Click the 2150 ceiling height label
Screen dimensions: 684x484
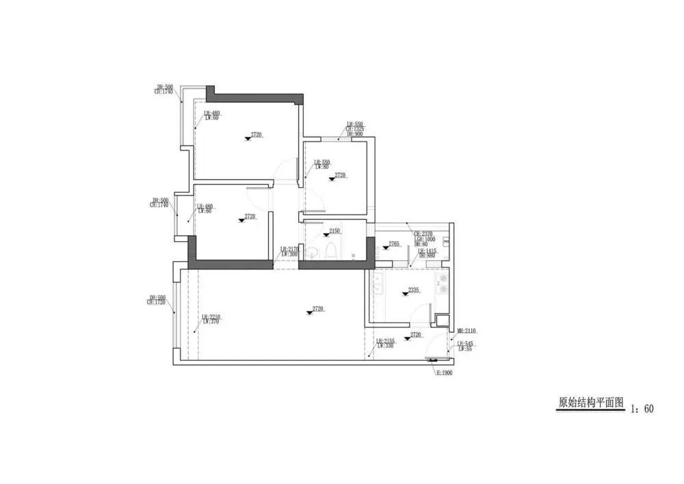click(x=335, y=231)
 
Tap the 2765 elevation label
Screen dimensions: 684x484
click(x=394, y=244)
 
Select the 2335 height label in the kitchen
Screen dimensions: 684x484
click(x=413, y=291)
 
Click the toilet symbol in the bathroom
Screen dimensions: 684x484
click(x=330, y=251)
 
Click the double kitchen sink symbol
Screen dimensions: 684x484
click(x=376, y=282)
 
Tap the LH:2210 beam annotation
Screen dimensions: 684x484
click(x=210, y=317)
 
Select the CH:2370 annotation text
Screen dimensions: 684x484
click(x=423, y=234)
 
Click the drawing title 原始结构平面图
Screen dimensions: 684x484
click(x=591, y=403)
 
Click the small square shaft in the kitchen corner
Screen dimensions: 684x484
click(x=443, y=319)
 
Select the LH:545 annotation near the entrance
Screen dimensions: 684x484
click(x=466, y=343)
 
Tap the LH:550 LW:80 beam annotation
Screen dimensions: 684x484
click(x=321, y=163)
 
